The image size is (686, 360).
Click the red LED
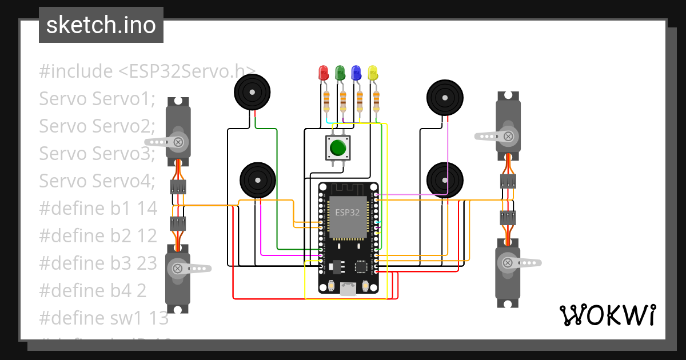point(323,73)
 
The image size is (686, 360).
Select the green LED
point(340,73)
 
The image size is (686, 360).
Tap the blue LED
point(356,73)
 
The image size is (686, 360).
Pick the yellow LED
point(373,73)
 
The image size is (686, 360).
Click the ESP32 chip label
point(348,213)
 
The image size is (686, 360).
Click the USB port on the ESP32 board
point(348,289)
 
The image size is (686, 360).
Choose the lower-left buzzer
point(257,180)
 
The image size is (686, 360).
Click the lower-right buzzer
point(445,179)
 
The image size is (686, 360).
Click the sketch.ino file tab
point(101,25)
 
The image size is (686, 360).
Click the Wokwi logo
point(607,315)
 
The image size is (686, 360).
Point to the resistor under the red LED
point(326,101)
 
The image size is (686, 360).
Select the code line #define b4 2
point(93,291)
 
